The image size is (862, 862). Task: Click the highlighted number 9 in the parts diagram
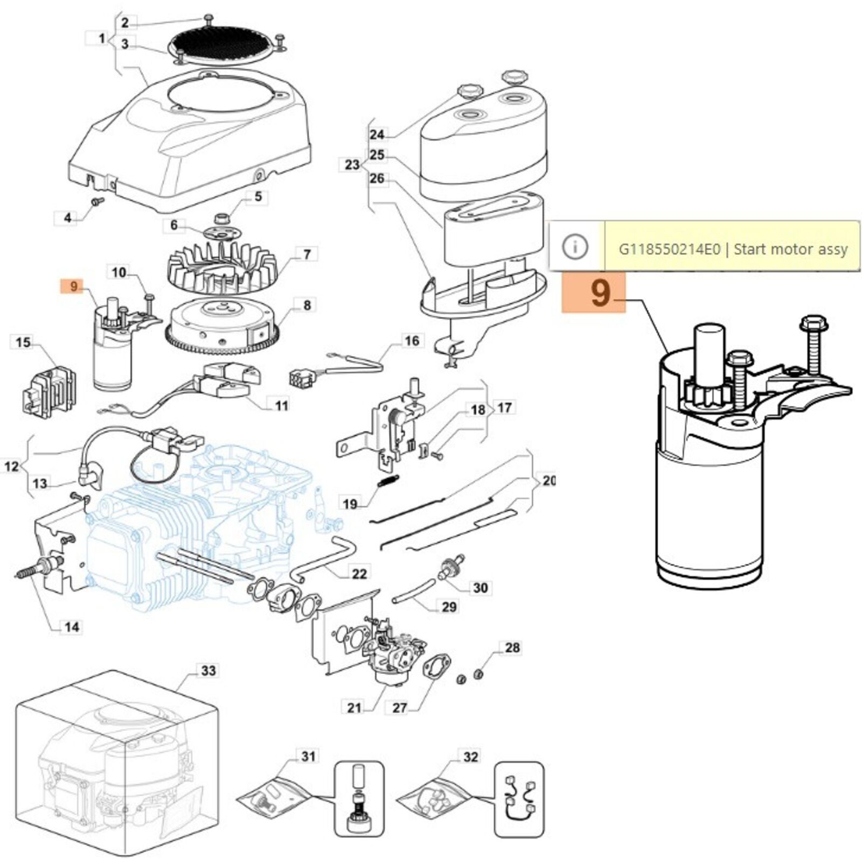(74, 286)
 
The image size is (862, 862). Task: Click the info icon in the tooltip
(575, 247)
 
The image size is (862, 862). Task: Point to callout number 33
(208, 671)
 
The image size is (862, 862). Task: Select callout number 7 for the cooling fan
(307, 254)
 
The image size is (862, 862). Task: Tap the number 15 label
(23, 342)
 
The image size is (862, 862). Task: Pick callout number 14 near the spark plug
(72, 627)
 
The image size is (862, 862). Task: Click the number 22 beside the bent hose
(359, 574)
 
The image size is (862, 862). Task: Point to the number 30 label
(480, 587)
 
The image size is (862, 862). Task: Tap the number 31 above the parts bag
(308, 757)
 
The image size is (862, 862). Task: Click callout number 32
(470, 757)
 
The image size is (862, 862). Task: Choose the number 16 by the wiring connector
(412, 340)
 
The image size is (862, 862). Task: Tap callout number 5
(258, 197)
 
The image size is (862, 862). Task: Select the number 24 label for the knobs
(377, 134)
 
